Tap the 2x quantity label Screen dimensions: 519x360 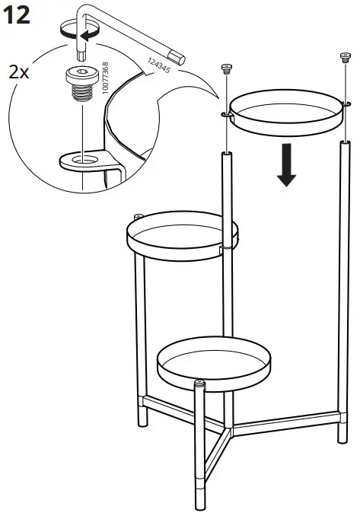(18, 73)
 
